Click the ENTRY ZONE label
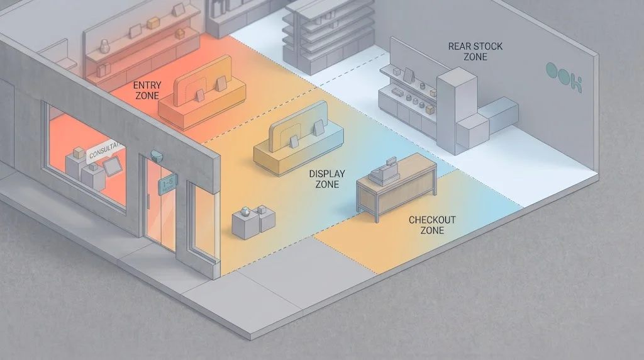(x=147, y=90)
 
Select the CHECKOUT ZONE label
(x=432, y=225)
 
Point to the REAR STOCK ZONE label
(x=475, y=51)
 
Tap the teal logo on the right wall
(x=563, y=78)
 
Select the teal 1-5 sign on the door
(x=167, y=183)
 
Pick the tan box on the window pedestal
(x=79, y=154)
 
